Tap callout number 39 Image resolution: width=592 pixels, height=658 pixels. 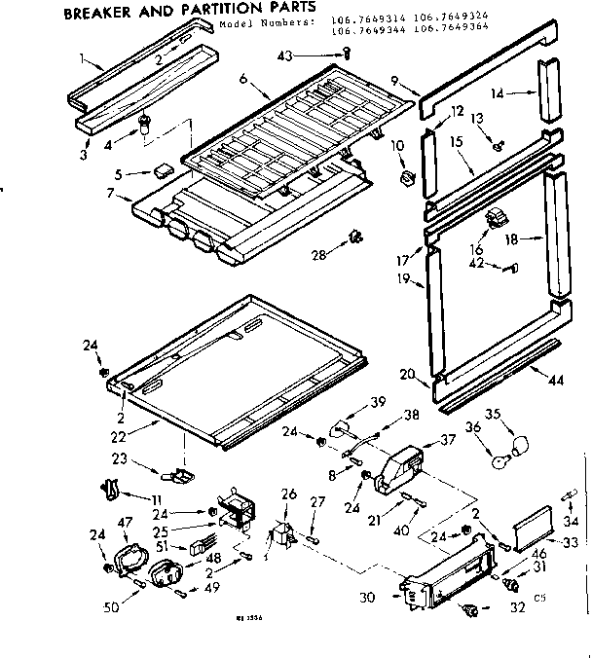(x=377, y=402)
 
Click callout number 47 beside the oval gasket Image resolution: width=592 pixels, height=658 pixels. (x=124, y=525)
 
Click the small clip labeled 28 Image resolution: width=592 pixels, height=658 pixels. (x=356, y=237)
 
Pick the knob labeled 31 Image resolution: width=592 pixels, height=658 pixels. (x=507, y=584)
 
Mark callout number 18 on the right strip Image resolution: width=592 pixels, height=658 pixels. (x=509, y=238)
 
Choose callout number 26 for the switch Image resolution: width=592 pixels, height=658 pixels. (x=287, y=494)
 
